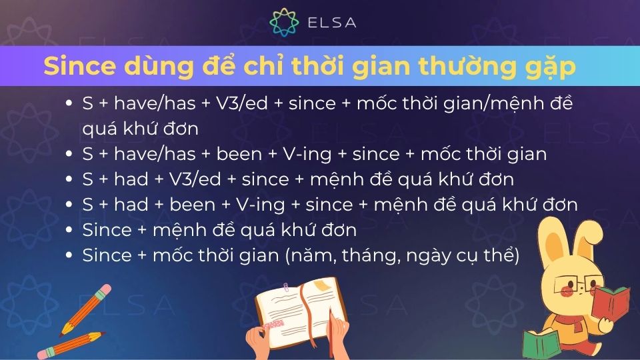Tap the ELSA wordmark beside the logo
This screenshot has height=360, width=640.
point(331,23)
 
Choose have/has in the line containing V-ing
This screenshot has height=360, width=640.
point(153,154)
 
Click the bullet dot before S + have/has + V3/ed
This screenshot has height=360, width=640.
point(69,103)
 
